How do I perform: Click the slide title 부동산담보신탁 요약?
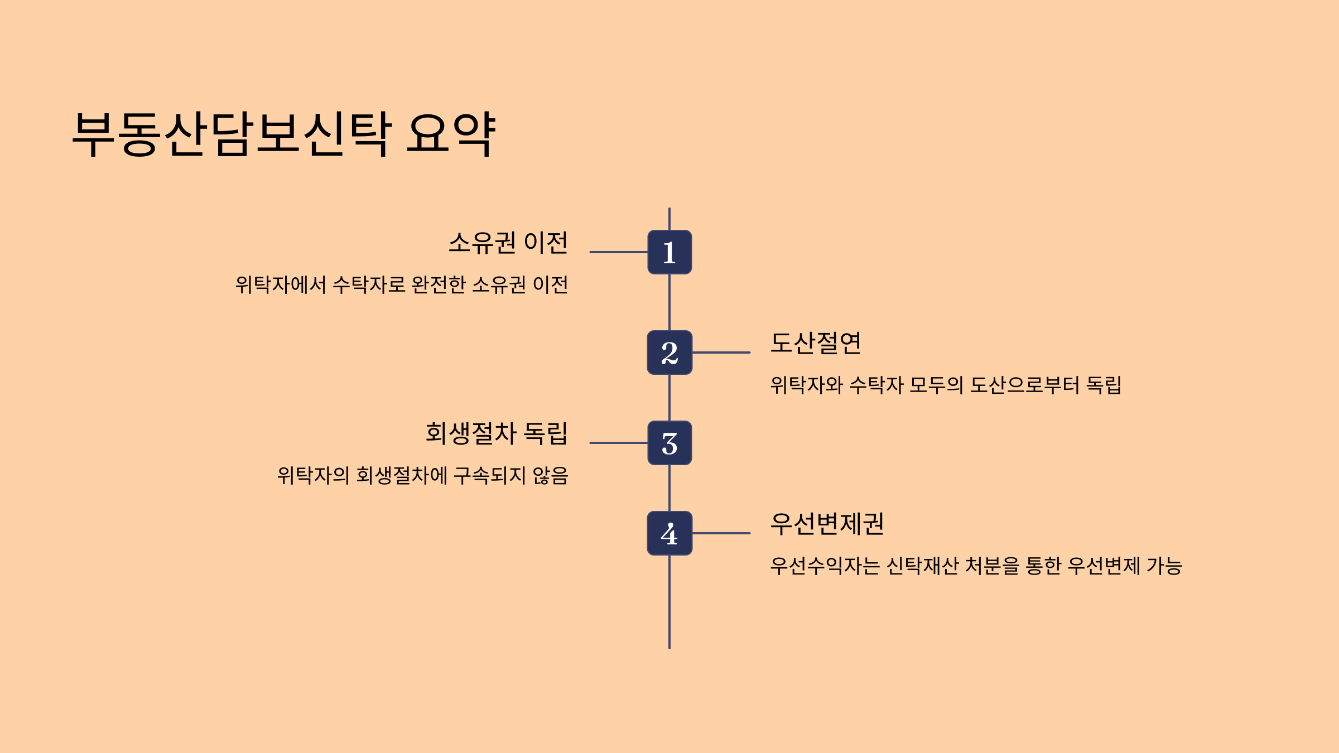pos(283,134)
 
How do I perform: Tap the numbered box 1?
pos(669,252)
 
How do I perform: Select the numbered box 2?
pos(669,353)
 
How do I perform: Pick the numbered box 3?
pos(669,443)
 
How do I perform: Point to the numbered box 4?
pos(669,533)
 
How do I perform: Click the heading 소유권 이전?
pos(508,243)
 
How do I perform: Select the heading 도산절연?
pos(816,343)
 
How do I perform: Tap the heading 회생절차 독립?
pos(497,433)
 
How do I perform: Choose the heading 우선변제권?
pos(827,524)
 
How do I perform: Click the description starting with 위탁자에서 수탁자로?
pos(402,285)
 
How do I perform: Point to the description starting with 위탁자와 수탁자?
pos(946,385)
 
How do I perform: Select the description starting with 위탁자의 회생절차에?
pos(422,476)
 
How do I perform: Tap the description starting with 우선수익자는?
pos(976,566)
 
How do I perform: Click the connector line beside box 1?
pos(618,252)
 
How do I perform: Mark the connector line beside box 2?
pos(721,353)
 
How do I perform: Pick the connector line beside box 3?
pos(618,443)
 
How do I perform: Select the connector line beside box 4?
pos(721,533)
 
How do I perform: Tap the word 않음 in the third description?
pos(550,476)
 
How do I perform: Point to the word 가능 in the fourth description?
pos(1164,566)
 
